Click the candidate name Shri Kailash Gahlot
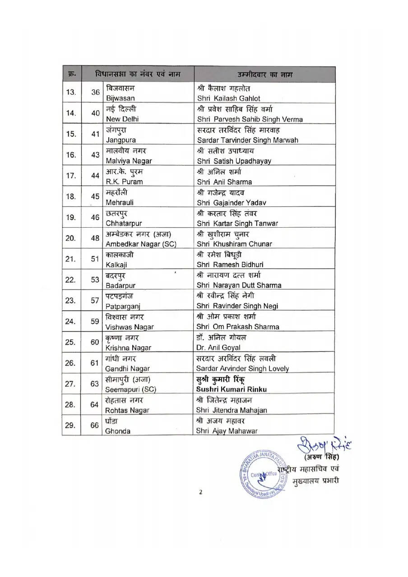228,98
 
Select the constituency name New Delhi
122,119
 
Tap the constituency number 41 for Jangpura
95,134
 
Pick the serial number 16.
71,155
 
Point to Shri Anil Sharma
224,182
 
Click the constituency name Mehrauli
120,202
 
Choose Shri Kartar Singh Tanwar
237,223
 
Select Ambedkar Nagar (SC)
140,244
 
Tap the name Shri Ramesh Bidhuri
230,265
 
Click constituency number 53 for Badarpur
95,280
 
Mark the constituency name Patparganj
123,306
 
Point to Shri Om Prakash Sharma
238,327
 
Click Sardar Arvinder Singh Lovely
243,368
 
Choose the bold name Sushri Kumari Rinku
232,389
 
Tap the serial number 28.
71,404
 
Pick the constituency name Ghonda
118,431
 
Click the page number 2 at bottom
201,492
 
